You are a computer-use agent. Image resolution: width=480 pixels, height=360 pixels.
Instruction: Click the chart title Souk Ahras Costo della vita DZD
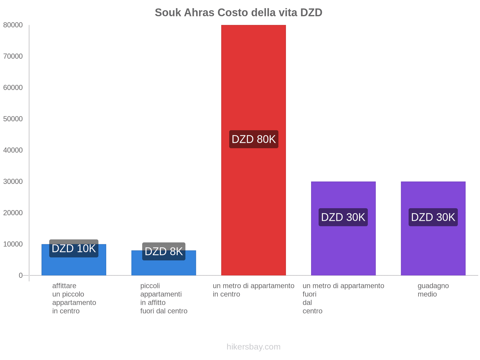coord(238,13)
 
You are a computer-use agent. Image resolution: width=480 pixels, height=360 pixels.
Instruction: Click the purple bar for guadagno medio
coord(433,246)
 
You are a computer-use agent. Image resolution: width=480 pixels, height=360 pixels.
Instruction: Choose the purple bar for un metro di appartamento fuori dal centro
coord(343,246)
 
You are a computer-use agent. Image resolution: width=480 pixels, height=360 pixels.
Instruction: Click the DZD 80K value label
coord(254,139)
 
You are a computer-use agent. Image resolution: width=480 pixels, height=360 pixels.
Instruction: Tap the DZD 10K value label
coord(74,248)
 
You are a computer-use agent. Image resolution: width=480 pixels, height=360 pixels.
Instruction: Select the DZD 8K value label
coord(164,251)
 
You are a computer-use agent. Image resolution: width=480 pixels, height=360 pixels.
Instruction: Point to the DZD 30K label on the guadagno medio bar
coord(433,217)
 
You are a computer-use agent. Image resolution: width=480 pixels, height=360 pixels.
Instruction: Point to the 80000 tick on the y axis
coord(13,25)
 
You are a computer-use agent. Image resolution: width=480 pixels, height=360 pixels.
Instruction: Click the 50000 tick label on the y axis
coord(13,119)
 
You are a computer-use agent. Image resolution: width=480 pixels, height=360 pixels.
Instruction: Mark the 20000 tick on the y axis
coord(13,213)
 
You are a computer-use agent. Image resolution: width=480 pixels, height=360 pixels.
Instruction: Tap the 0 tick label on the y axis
coord(21,275)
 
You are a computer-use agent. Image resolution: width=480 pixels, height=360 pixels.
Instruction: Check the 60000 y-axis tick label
coord(13,88)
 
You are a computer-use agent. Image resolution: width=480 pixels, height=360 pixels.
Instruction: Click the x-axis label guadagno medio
coord(433,290)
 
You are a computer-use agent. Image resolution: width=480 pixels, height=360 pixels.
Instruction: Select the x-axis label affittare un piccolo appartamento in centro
coord(74,298)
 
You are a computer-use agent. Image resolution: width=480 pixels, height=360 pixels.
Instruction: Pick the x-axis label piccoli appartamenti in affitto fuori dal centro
coord(164,298)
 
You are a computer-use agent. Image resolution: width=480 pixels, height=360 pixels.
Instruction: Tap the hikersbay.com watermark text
coord(253,347)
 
